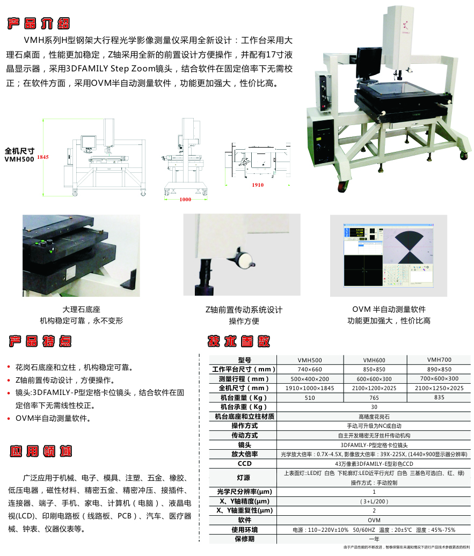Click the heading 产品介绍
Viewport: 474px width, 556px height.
pyautogui.click(x=39, y=24)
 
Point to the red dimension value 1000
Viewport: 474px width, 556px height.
pyautogui.click(x=185, y=200)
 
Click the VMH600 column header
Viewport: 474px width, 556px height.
pyautogui.click(x=375, y=360)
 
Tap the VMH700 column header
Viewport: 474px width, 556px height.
pyautogui.click(x=439, y=360)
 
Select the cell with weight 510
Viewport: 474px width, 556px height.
pyautogui.click(x=310, y=398)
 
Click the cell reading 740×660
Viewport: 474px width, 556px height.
pyautogui.click(x=310, y=369)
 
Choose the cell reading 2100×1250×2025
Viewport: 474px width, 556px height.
pyautogui.click(x=439, y=388)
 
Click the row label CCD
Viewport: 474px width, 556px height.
pyautogui.click(x=244, y=464)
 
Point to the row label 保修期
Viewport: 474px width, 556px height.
pyautogui.click(x=244, y=539)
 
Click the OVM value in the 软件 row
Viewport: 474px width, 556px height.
pyautogui.click(x=374, y=520)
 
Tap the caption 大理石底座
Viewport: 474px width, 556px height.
pyautogui.click(x=82, y=310)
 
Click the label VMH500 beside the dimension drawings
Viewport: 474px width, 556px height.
pyautogui.click(x=19, y=159)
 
